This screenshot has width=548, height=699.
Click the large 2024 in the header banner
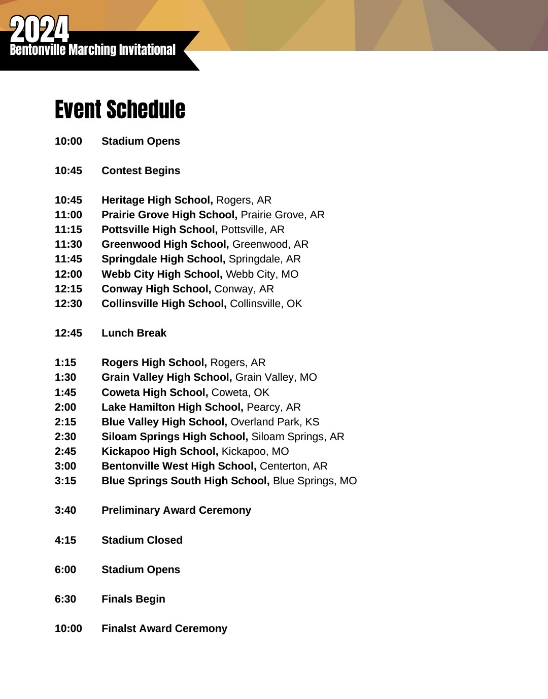click(x=39, y=30)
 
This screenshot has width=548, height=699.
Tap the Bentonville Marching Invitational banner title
click(x=92, y=50)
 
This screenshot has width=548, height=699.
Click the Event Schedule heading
click(x=120, y=110)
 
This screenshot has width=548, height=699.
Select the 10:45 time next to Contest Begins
click(x=68, y=171)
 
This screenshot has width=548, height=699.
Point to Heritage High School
click(x=157, y=200)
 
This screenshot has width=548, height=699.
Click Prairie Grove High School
click(x=169, y=215)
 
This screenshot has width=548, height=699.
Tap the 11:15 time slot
click(x=68, y=229)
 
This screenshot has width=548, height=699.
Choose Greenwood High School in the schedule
click(x=165, y=244)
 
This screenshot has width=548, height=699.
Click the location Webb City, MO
click(x=262, y=274)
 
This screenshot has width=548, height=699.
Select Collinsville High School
click(x=163, y=304)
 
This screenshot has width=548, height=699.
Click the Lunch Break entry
click(x=134, y=333)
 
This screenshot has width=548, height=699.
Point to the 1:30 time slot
click(x=65, y=377)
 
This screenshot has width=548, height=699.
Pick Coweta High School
click(x=154, y=392)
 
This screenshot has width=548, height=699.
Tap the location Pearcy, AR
click(x=273, y=407)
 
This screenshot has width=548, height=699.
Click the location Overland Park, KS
click(x=275, y=422)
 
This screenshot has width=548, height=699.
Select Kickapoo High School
click(x=159, y=451)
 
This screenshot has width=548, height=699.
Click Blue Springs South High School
click(x=185, y=481)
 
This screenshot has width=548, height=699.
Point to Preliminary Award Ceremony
click(x=176, y=510)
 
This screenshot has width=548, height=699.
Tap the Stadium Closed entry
click(x=142, y=540)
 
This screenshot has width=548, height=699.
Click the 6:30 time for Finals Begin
click(x=65, y=599)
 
